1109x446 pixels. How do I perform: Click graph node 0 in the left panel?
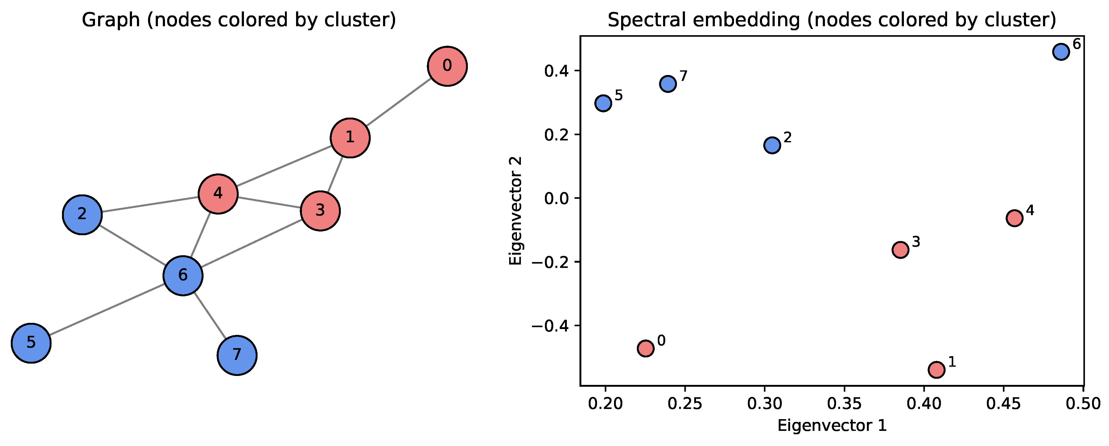tap(447, 66)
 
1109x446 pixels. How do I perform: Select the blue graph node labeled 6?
tap(183, 275)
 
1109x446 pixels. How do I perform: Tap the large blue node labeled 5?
tap(31, 343)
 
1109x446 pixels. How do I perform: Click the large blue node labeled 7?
tap(237, 355)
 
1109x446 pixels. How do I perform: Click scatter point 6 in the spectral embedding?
tap(1061, 52)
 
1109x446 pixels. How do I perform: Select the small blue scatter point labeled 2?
tap(772, 145)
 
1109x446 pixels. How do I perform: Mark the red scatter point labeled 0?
tap(645, 348)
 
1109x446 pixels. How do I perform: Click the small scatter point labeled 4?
tap(1014, 218)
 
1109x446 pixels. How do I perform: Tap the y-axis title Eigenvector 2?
tap(515, 211)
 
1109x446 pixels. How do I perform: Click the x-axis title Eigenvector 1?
tap(832, 426)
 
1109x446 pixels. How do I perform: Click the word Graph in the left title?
tap(111, 20)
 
